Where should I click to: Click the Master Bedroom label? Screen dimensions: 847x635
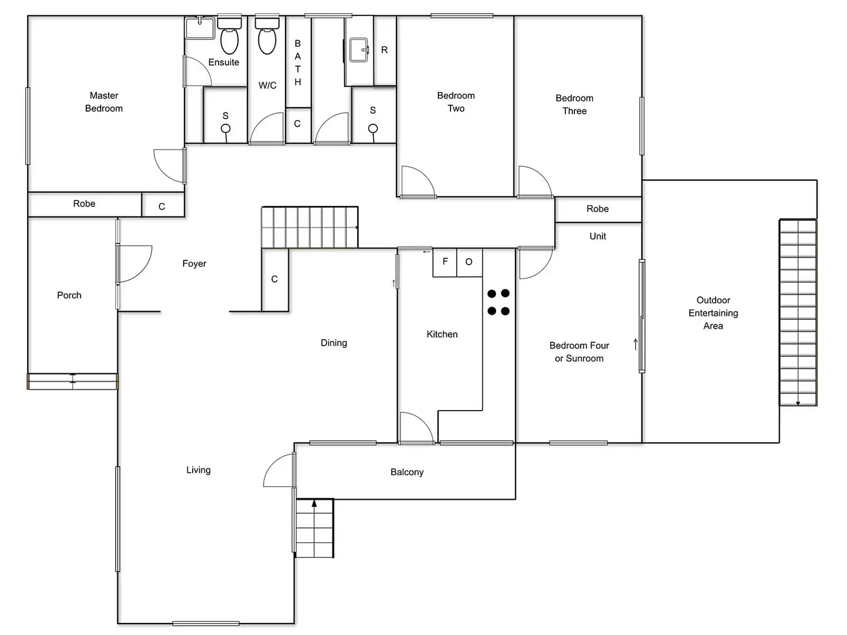coord(104,102)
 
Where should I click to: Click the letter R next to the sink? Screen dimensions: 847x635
coord(384,50)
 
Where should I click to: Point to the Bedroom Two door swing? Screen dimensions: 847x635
coord(417,181)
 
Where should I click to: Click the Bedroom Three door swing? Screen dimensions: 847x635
coord(535,181)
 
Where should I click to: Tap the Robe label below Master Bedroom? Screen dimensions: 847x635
coord(84,204)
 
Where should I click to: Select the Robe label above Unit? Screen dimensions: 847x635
coord(597,209)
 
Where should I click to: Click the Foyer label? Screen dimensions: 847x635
coord(194,263)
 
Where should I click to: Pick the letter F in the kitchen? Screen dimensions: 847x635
coord(445,262)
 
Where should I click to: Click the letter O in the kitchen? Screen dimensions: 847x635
coord(469,262)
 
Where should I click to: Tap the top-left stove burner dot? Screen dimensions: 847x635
coord(491,294)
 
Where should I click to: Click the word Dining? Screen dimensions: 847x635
coord(334,343)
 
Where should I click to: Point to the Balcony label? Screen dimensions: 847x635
coord(407,472)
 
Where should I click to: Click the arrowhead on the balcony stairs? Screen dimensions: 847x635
coord(314,504)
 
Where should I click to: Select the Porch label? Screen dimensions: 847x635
coord(69,295)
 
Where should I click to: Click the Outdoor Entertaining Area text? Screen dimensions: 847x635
coord(713,313)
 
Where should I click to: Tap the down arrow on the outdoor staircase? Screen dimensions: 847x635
coord(798,403)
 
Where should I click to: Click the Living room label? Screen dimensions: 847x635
coord(198,470)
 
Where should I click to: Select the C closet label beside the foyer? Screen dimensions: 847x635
coord(274,280)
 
